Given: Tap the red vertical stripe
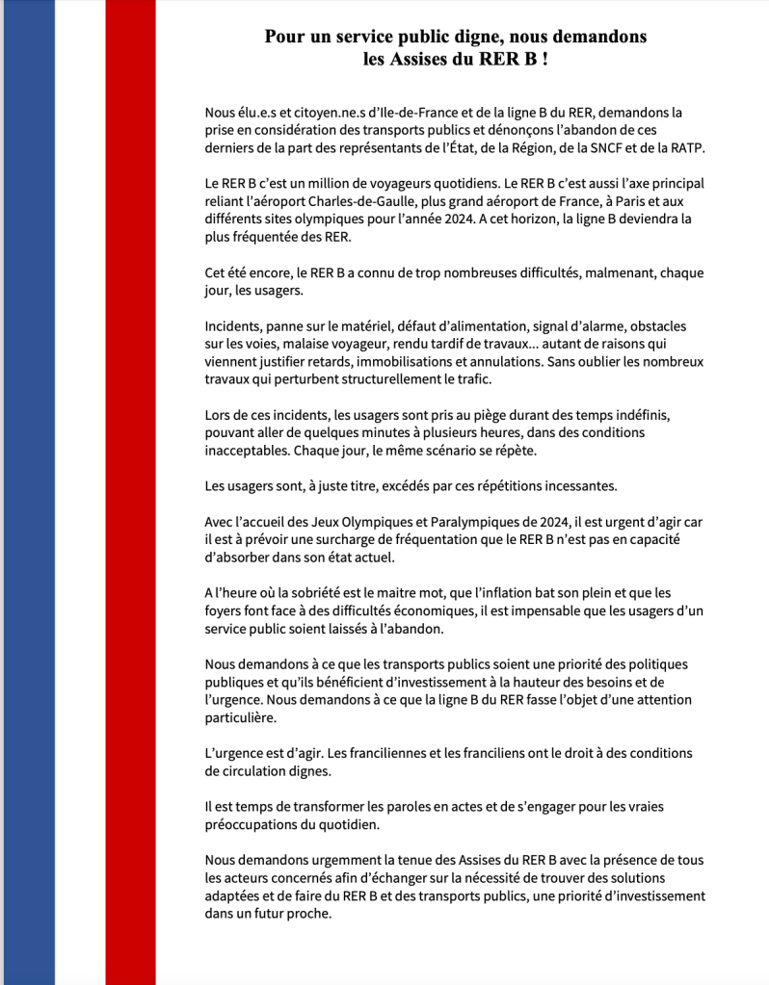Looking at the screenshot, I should click(130, 492).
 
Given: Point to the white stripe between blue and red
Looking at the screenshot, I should click(80, 492).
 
